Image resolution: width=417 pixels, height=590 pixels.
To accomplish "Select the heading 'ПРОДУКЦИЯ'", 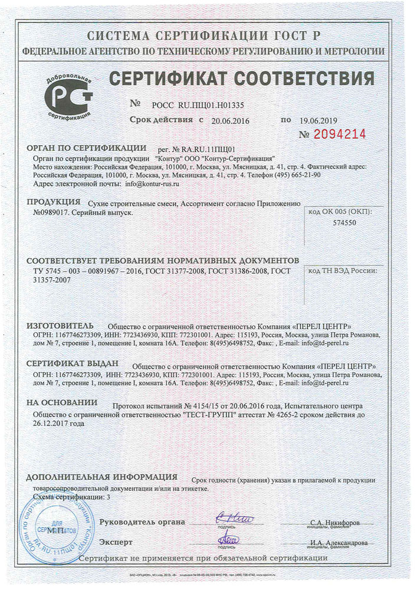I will point(54,202).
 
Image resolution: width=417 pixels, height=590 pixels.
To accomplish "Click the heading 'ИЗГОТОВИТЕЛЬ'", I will point(60,326).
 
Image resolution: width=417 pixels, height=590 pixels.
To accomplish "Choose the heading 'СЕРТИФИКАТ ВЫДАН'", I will point(73,363).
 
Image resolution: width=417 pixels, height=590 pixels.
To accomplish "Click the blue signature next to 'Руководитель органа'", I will point(234,519).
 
